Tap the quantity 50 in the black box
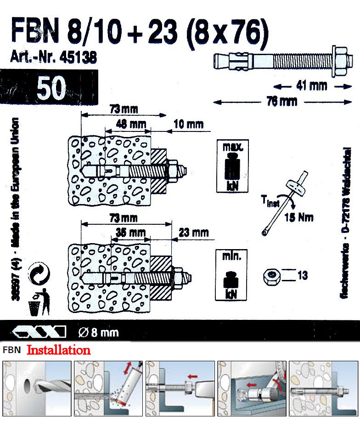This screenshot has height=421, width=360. [x=51, y=88]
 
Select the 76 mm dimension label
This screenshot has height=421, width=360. [x=282, y=102]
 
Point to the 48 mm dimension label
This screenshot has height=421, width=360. [x=128, y=124]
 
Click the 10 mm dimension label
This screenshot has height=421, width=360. [x=188, y=124]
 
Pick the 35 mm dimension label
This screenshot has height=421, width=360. [x=130, y=233]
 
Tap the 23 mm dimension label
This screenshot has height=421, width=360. [x=193, y=233]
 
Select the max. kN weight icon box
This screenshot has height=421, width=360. [x=232, y=165]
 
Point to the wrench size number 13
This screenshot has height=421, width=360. [x=303, y=276]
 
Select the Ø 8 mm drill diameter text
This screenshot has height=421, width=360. [x=98, y=331]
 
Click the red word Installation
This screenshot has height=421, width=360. [x=58, y=351]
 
